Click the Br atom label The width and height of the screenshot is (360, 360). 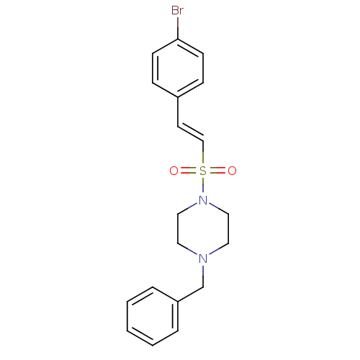(x=177, y=10)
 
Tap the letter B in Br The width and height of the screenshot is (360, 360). (x=175, y=10)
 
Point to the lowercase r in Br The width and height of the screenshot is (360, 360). (x=181, y=11)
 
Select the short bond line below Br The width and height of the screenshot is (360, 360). (x=177, y=23)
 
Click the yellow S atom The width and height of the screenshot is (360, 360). (x=203, y=171)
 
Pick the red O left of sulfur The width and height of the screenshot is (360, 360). (x=174, y=171)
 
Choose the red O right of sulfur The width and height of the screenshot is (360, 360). (x=232, y=171)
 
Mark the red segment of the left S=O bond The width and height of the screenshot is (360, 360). (x=184, y=171)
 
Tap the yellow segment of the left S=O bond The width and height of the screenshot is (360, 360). (x=193, y=171)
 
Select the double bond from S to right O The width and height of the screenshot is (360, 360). (x=217, y=171)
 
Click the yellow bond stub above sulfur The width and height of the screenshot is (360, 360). (x=203, y=158)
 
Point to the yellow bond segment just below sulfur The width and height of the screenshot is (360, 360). (x=203, y=182)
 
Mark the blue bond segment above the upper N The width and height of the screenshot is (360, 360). (x=203, y=191)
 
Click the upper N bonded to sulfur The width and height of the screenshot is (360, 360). (x=203, y=200)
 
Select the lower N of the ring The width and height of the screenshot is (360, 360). (x=203, y=258)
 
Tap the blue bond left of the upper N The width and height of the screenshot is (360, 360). (x=192, y=206)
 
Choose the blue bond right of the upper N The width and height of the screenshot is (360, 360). (x=215, y=206)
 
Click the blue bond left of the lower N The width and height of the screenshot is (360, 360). (x=192, y=252)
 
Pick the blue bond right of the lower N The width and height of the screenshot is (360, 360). (x=215, y=252)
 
